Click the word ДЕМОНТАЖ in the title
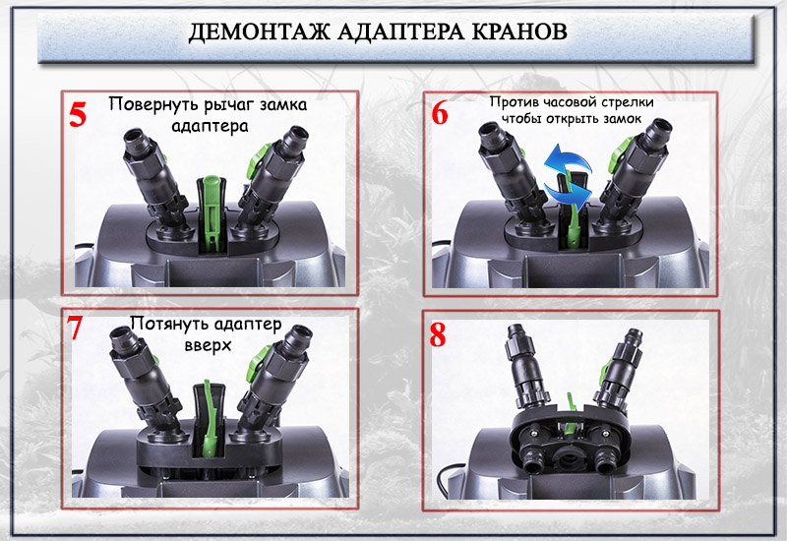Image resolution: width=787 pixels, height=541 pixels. (x=260, y=32)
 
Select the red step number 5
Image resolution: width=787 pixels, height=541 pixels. (x=78, y=114)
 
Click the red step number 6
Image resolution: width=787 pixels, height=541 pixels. (x=440, y=113)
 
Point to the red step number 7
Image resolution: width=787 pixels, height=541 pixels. (x=75, y=328)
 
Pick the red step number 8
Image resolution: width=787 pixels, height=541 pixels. (x=438, y=335)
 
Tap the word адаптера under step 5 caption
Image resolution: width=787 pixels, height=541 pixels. (x=210, y=126)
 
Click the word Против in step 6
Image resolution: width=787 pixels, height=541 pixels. (x=513, y=102)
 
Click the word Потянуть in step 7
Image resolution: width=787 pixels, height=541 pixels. (x=169, y=324)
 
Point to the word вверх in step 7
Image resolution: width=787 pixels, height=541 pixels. (x=208, y=346)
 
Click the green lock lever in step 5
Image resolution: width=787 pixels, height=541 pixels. (x=212, y=212)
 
